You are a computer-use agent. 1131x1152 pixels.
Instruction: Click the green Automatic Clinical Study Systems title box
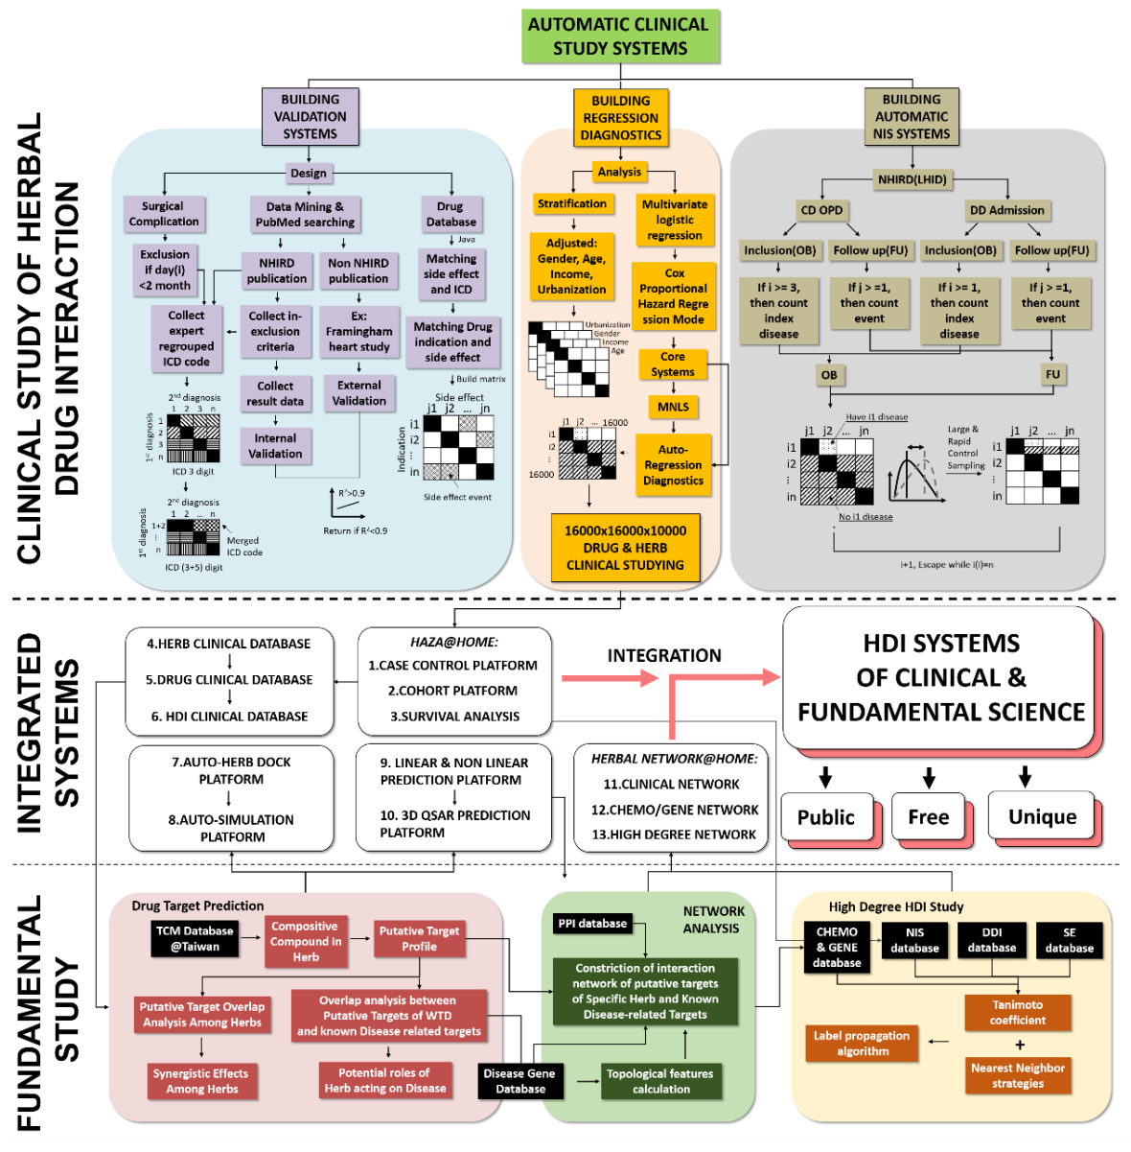tap(619, 36)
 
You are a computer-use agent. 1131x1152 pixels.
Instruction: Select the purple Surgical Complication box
tap(164, 214)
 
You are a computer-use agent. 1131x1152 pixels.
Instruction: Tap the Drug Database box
tap(450, 214)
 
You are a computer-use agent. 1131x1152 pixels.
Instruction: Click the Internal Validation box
tap(275, 446)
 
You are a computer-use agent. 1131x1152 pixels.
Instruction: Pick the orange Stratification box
tap(572, 203)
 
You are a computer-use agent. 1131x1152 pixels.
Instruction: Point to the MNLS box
tap(673, 407)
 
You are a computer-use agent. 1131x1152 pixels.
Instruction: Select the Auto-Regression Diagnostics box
tap(673, 465)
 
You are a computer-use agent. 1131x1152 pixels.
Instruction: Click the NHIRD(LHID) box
tap(912, 179)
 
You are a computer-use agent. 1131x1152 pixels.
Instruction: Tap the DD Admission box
tap(1006, 210)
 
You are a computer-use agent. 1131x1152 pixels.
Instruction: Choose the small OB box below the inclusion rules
tap(829, 375)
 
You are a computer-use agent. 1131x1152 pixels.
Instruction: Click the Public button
tap(826, 817)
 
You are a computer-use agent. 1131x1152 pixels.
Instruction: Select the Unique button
tap(1042, 817)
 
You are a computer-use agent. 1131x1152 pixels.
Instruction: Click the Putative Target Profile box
tap(419, 939)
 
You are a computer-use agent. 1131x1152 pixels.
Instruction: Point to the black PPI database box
tap(592, 924)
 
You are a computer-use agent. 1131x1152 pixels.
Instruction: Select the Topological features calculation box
tap(660, 1081)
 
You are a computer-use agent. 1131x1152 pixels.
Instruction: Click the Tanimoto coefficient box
tap(1017, 1013)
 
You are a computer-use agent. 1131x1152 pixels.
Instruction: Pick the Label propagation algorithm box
tap(862, 1044)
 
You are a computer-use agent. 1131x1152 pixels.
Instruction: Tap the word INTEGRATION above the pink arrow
tap(664, 656)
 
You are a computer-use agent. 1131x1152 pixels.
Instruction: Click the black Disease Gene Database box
tap(520, 1081)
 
